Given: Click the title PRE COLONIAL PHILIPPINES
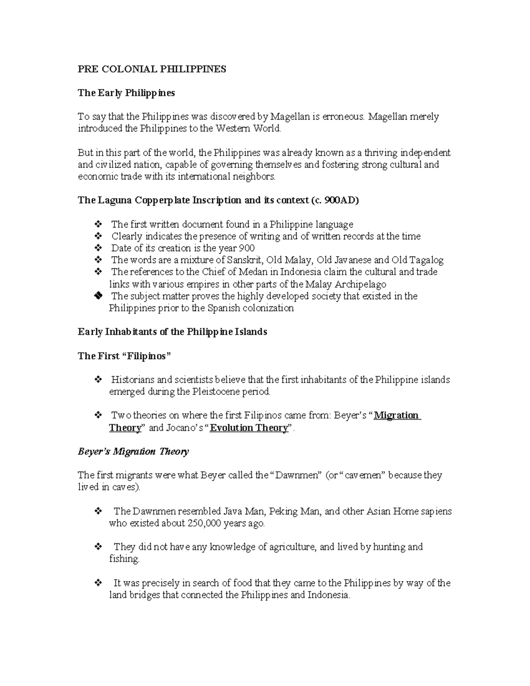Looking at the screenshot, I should point(151,69).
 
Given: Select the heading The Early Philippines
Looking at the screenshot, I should point(126,93).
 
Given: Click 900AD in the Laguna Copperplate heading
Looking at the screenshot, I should point(340,200).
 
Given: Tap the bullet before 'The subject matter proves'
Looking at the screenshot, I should point(98,296).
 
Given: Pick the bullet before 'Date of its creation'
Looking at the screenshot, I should point(98,248).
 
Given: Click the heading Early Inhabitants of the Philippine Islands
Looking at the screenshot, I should point(172,332).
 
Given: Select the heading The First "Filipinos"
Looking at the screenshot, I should point(124,356).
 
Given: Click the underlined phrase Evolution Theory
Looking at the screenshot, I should point(249,428).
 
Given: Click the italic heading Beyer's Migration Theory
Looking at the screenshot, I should point(133,451).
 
